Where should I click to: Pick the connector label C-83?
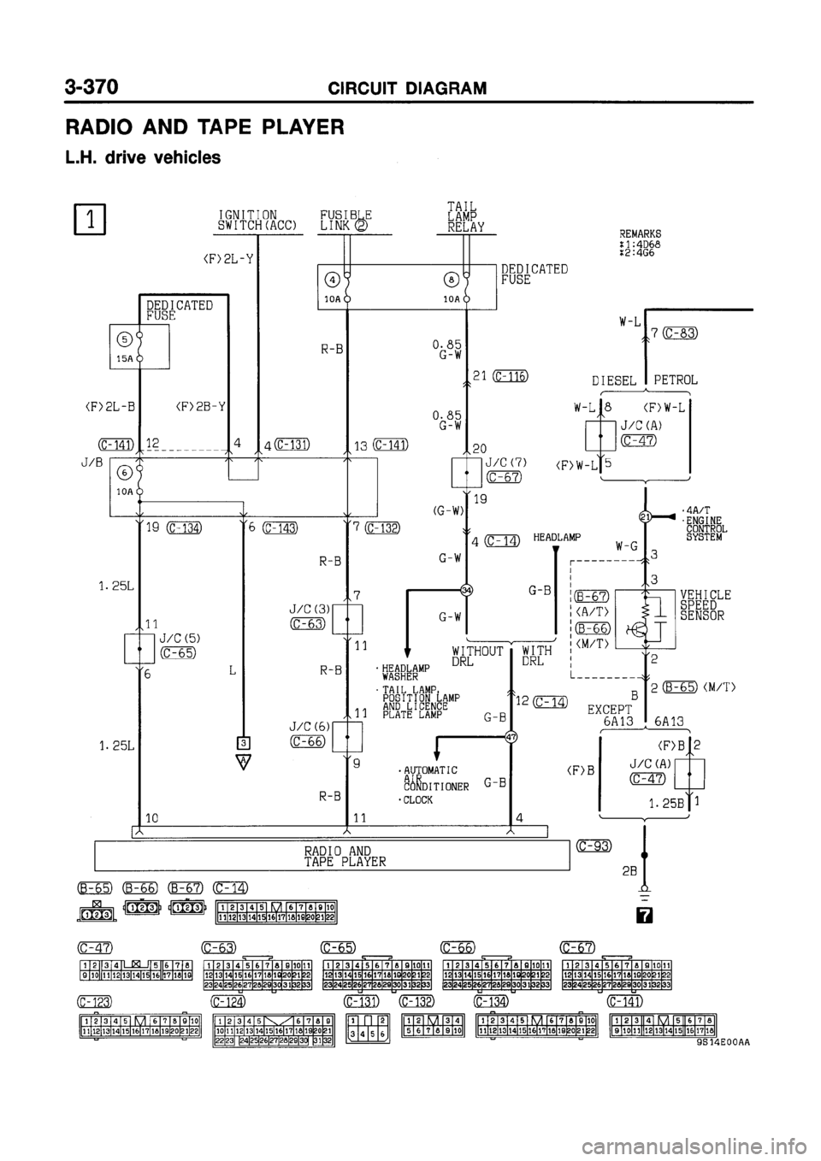coord(682,333)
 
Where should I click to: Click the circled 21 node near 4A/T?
coord(646,517)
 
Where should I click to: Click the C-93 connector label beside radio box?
coord(593,846)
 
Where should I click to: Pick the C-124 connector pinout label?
coord(229,1001)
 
